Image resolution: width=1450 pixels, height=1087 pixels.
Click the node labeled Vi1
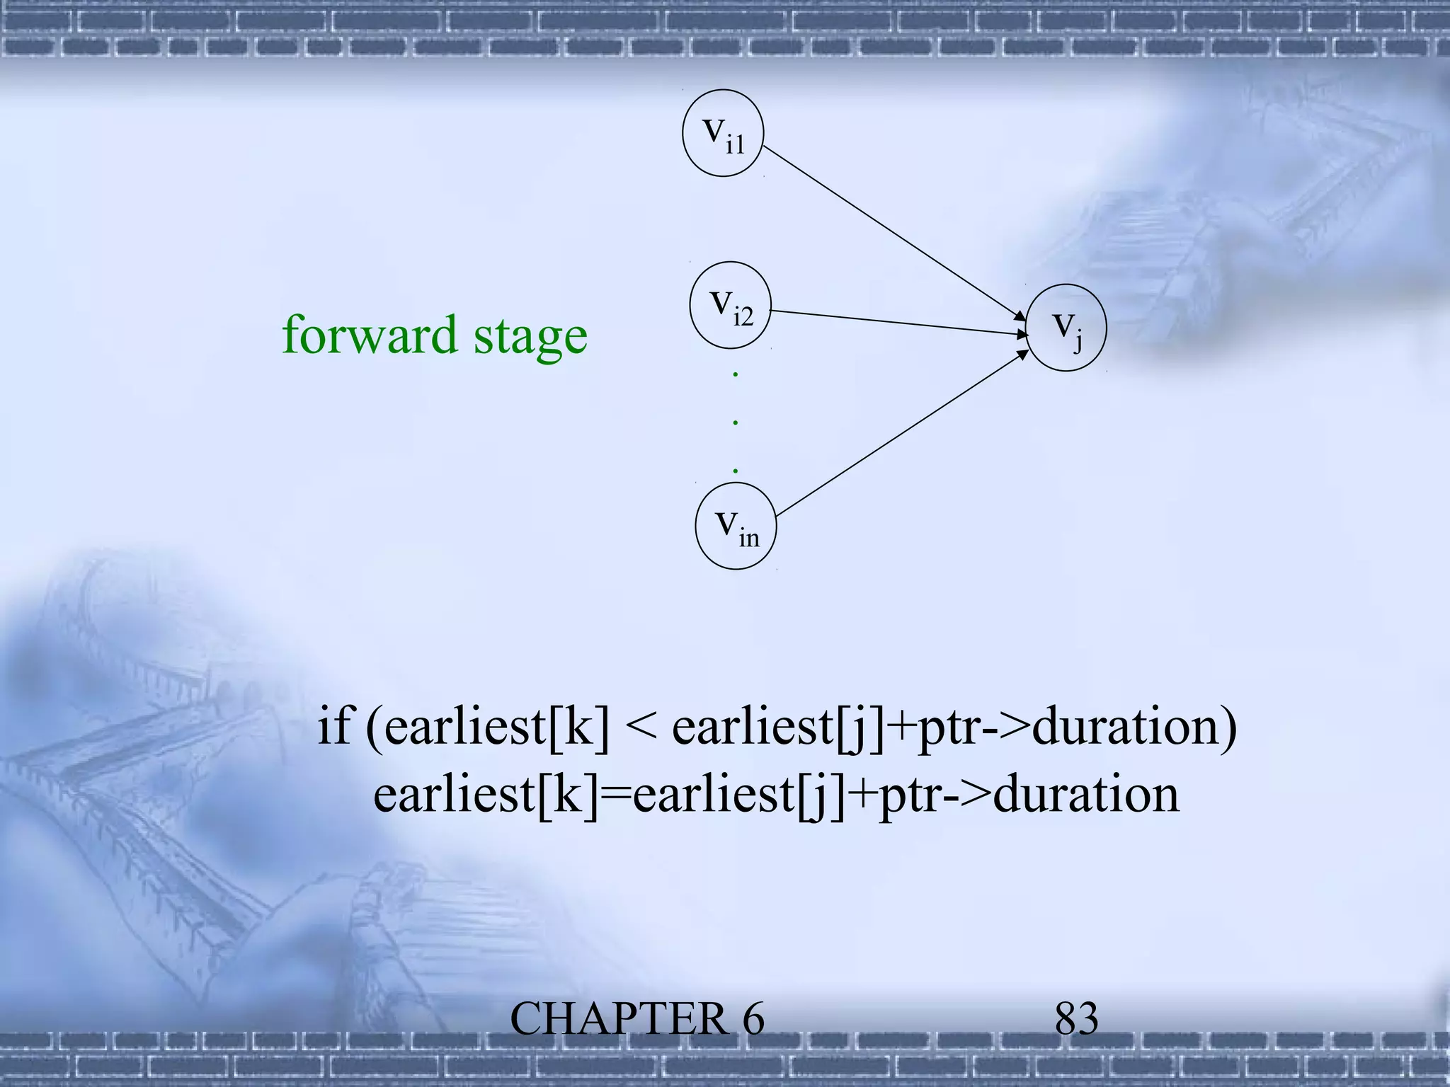(x=723, y=132)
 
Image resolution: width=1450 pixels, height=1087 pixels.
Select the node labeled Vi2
(x=731, y=306)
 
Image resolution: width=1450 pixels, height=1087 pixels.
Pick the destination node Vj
(x=1066, y=328)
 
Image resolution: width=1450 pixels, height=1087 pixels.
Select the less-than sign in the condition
(x=640, y=727)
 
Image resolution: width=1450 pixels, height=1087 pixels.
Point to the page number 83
(x=1076, y=1019)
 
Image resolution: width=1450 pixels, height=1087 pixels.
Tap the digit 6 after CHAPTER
(x=753, y=1020)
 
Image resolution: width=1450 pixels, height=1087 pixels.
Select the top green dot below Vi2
(x=736, y=374)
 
